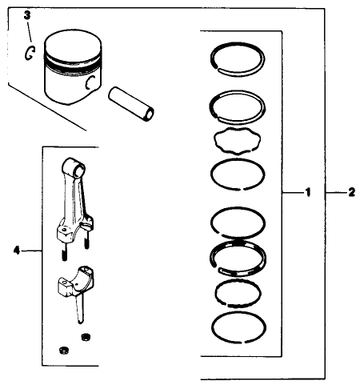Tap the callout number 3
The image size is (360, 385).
27,15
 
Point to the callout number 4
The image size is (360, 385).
16,251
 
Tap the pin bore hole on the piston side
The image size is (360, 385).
93,82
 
